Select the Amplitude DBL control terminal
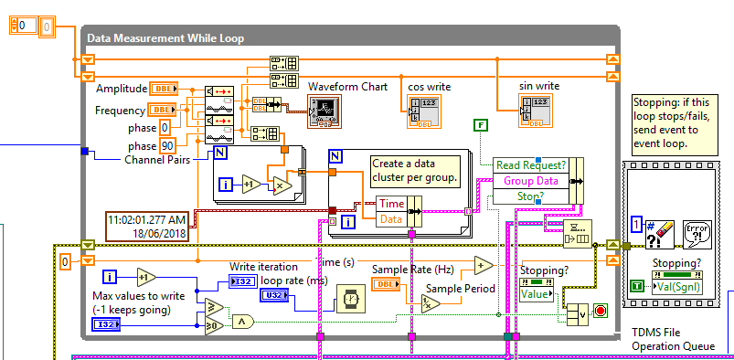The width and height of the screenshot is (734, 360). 163,89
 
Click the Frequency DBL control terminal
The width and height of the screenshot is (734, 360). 163,110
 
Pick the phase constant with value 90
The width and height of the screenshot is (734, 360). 167,145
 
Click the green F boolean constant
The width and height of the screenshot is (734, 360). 480,124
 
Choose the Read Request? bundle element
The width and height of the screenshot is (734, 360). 530,165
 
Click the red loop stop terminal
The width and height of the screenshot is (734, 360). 601,310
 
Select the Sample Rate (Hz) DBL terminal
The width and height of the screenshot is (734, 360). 387,285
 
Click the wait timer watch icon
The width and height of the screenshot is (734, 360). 349,298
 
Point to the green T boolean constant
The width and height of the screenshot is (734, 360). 636,286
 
